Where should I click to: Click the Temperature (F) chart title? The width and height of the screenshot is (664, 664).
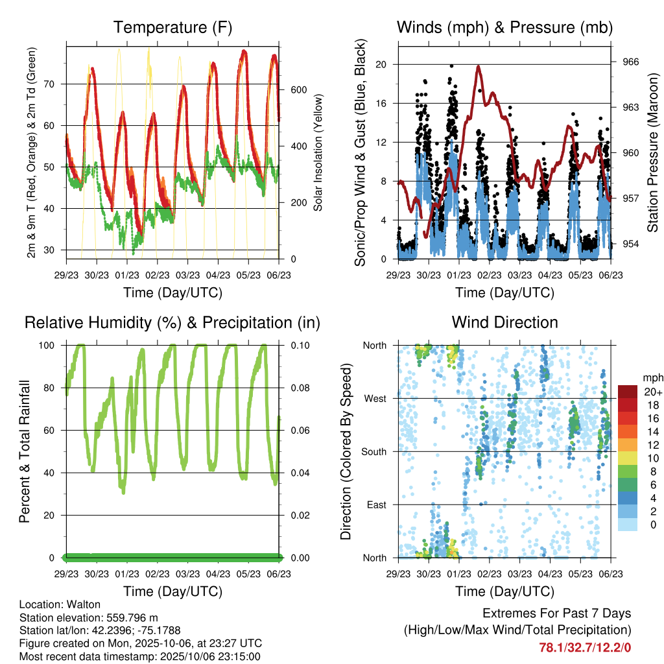tap(172, 28)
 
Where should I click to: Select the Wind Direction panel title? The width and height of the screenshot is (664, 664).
tap(504, 322)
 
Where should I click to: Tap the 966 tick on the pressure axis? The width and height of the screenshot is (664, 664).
tap(632, 62)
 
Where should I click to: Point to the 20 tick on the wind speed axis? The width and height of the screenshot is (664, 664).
tap(381, 64)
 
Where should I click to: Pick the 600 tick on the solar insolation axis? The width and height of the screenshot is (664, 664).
tap(298, 89)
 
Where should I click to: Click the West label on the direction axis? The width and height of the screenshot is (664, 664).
tap(375, 398)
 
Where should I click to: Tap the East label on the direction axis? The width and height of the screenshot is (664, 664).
tap(377, 504)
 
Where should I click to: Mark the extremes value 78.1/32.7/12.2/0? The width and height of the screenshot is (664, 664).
tap(585, 647)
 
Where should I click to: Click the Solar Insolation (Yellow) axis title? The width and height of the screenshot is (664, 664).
tap(318, 153)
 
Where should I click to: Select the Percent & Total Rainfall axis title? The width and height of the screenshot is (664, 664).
tap(24, 452)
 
